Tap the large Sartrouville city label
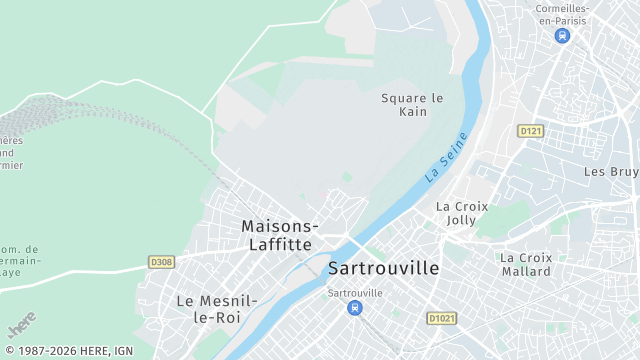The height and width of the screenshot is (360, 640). (383, 268)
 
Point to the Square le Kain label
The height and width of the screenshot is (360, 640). (411, 104)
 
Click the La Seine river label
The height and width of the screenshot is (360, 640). (446, 157)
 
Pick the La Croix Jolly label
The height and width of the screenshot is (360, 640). (462, 213)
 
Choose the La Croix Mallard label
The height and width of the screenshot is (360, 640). (525, 264)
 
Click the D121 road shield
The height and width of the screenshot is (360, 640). (530, 131)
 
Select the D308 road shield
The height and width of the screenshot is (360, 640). (161, 262)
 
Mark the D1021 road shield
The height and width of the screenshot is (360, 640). (441, 318)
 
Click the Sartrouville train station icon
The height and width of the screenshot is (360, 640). (355, 308)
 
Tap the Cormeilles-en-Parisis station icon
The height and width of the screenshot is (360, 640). (562, 35)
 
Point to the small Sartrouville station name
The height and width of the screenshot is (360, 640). (355, 292)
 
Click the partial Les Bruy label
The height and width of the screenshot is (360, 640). (610, 172)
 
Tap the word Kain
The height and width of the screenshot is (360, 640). (412, 111)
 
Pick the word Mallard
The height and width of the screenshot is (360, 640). (525, 271)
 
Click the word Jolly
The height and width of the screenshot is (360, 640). (462, 220)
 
